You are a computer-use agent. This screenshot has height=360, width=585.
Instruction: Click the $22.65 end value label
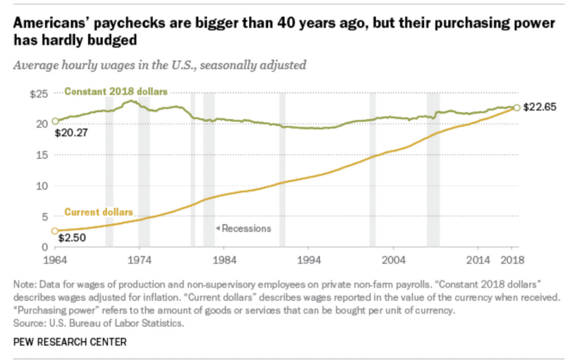(540, 107)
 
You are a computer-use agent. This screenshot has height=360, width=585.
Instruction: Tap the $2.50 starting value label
(71, 238)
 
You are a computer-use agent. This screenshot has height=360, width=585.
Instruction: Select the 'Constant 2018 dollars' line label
(116, 91)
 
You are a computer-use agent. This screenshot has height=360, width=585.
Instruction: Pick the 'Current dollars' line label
(99, 212)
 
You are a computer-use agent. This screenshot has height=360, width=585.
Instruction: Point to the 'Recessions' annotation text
(246, 228)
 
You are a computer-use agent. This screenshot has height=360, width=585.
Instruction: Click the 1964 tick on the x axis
(55, 260)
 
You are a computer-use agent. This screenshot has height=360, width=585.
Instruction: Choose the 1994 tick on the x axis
(308, 260)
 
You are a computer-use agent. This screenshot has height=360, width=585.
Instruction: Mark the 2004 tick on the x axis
(393, 260)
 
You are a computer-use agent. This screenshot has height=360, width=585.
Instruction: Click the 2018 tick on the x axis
(512, 260)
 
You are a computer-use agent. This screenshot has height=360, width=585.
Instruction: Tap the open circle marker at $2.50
(55, 231)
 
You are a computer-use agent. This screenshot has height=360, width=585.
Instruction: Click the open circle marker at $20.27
(55, 121)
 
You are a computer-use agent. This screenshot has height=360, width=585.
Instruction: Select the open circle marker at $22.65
(516, 107)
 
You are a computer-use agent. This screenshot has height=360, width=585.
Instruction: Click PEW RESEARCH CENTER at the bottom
(70, 342)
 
